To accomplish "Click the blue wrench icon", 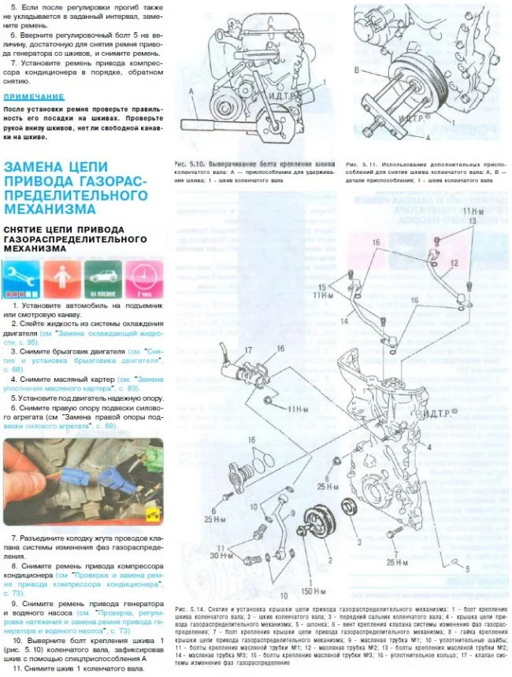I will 21,278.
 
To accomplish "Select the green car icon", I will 102,278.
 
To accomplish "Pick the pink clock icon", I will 143,278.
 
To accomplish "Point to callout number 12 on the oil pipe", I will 454,262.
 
